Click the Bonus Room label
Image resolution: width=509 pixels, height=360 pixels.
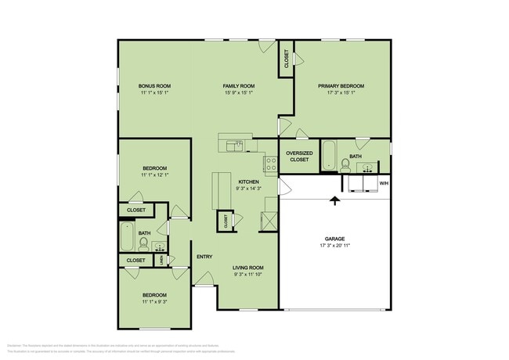point(154,85)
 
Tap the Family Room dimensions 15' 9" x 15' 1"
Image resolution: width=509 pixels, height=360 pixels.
point(239,92)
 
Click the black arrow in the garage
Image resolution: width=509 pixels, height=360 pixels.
point(335,200)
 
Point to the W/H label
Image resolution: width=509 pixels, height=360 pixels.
point(384,183)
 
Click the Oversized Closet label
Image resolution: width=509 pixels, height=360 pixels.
point(299,156)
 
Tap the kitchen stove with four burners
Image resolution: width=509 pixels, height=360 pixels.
point(271,164)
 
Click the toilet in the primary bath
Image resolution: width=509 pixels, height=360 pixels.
point(345,164)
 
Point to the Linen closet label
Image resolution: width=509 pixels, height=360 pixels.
point(161,261)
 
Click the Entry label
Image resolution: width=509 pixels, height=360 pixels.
point(204,257)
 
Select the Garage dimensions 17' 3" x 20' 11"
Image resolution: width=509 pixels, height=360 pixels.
point(334,246)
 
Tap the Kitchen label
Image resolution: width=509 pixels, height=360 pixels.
point(249,182)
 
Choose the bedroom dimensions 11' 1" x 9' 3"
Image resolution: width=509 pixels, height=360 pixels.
point(154,301)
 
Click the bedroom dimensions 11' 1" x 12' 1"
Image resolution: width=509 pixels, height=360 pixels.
point(154,175)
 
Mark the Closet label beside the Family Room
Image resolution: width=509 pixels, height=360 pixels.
point(287,59)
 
